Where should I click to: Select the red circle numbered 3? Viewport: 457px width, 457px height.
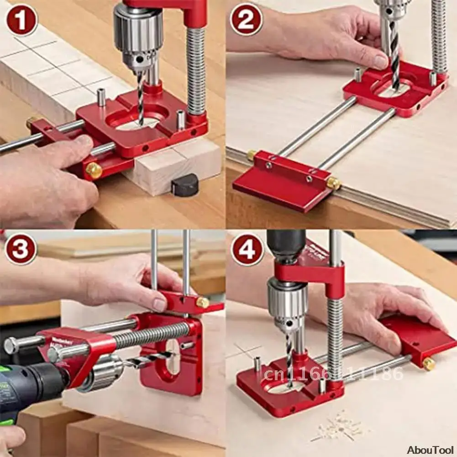click(21, 249)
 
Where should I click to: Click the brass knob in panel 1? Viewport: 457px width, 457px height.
click(94, 170)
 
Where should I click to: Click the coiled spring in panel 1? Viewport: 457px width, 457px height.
click(195, 68)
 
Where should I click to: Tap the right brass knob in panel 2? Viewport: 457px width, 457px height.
click(334, 183)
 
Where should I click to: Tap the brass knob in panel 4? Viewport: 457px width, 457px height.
click(428, 364)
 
